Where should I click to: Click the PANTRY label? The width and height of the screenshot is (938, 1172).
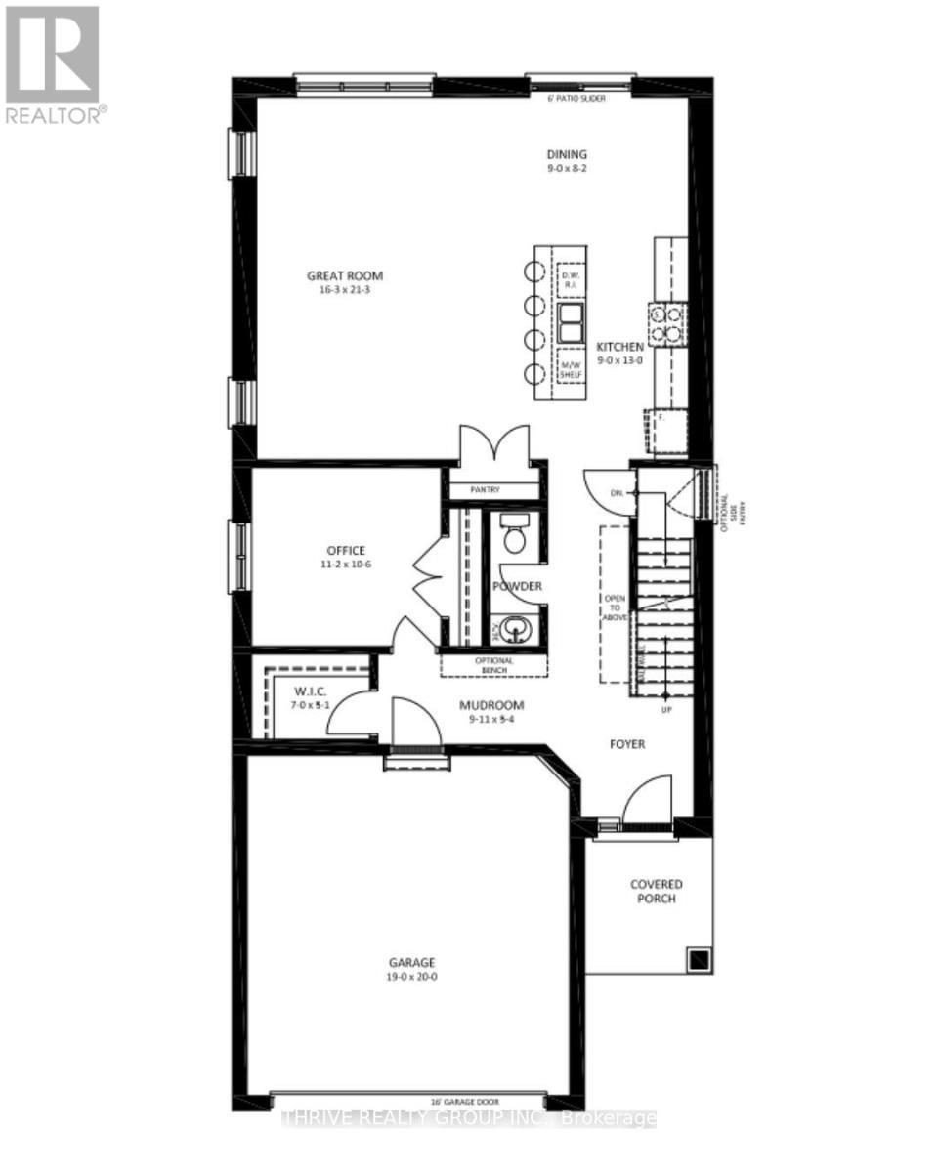pyautogui.click(x=494, y=490)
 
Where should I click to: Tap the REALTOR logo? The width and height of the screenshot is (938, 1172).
pyautogui.click(x=54, y=63)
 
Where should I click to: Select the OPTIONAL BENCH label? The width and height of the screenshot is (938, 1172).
pyautogui.click(x=493, y=665)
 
